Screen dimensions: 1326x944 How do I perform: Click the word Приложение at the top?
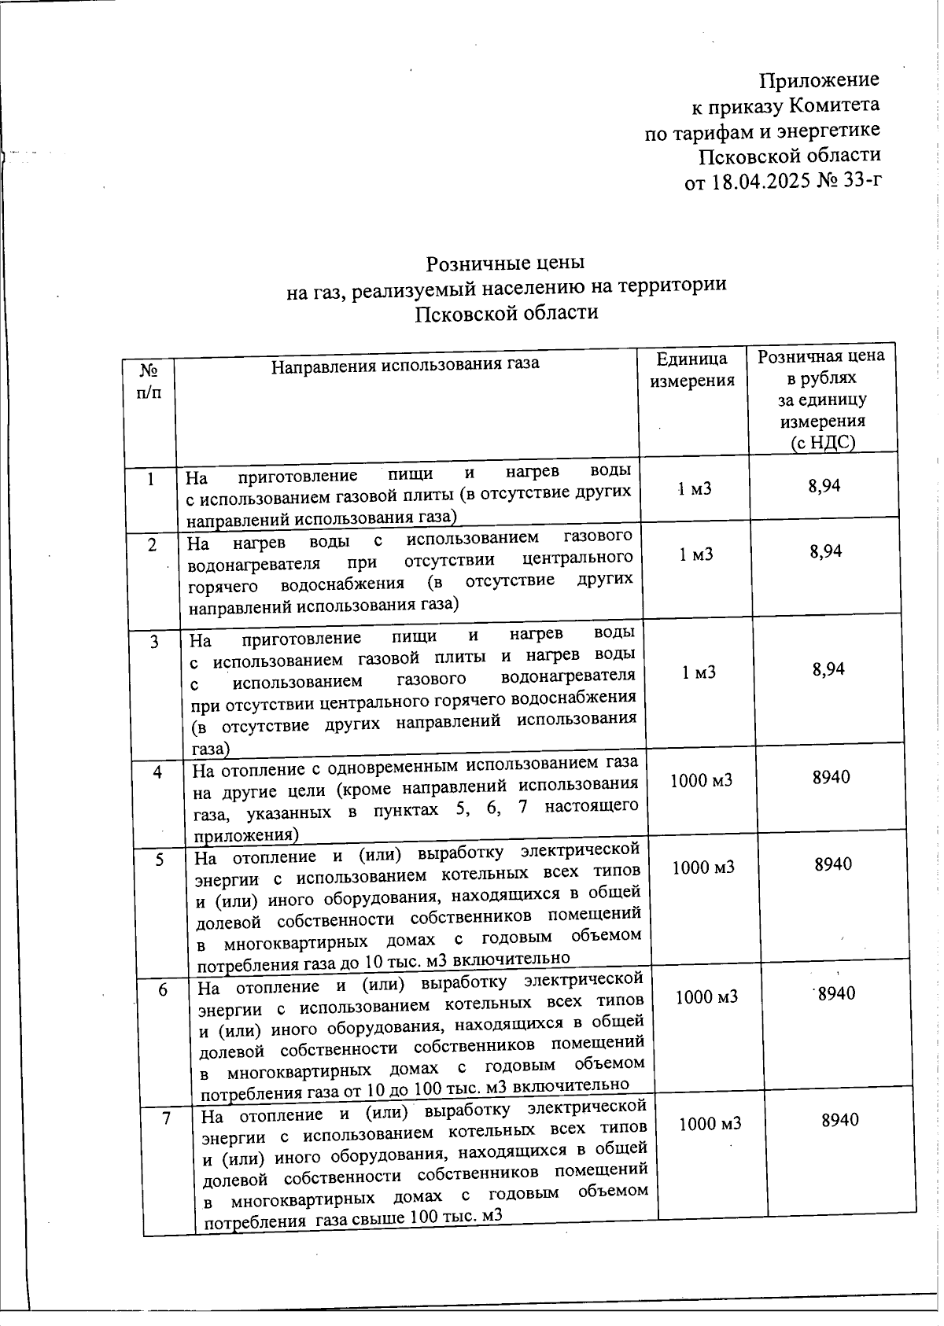coord(818,79)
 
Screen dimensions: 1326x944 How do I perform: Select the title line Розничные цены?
coord(505,262)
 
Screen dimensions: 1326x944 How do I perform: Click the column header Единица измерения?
coord(691,370)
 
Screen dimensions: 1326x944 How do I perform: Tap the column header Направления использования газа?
coord(405,364)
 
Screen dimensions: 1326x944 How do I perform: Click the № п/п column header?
coord(149,381)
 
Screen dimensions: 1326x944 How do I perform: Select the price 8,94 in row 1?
coord(824,486)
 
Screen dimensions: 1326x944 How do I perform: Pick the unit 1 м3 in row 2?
coord(695,554)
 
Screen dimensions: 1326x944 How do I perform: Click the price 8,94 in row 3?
coord(828,669)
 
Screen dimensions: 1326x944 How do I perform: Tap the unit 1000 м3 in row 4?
coord(700,780)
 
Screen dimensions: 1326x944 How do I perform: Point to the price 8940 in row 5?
coord(833,864)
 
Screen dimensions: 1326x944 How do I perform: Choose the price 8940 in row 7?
coord(839,1120)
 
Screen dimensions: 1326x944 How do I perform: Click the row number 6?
coord(163,990)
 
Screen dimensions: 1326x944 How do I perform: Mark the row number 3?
coord(155,642)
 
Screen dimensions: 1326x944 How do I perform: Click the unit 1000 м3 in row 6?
coord(706,997)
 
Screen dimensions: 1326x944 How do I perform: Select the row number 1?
coord(150,477)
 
